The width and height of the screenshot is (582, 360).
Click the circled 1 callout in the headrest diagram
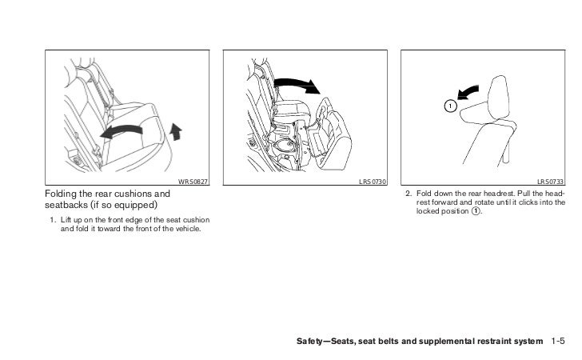[450, 106]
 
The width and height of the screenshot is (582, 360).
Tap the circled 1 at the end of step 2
[476, 211]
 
